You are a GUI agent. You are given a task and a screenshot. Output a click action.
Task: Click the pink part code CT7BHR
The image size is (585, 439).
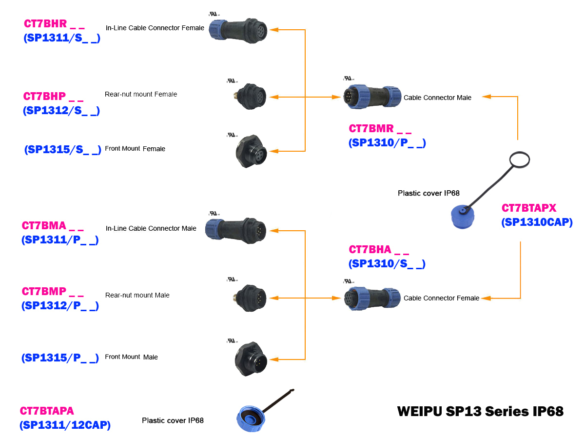pos(46,23)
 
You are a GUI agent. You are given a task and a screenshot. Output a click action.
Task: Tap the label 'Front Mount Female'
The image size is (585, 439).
pos(135,149)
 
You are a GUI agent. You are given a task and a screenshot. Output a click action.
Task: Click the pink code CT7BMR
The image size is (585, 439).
pos(371,129)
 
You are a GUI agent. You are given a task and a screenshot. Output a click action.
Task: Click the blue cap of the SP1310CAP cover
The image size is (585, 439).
pos(461,217)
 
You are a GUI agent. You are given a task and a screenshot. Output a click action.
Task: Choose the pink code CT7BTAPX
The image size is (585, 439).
pos(529,208)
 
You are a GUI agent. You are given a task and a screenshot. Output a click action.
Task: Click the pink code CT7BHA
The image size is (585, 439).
pos(370,250)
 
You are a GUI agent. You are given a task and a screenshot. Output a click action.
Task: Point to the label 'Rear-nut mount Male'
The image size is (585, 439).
pos(137,295)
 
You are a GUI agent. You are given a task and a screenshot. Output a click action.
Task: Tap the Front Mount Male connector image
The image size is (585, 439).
pos(250,359)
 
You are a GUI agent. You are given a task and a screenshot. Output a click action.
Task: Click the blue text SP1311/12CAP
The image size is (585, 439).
pos(65,425)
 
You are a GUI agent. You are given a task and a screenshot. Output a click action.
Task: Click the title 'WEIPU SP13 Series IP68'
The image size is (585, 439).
pos(480,411)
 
